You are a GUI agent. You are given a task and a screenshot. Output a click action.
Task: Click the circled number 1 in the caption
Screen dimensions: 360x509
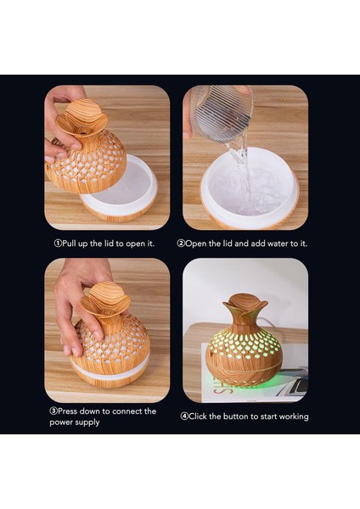tap(58, 243)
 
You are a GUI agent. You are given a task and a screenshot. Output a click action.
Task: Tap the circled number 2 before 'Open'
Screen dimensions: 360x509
tap(181, 243)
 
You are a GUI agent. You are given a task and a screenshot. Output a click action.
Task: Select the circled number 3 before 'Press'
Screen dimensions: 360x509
tap(53, 411)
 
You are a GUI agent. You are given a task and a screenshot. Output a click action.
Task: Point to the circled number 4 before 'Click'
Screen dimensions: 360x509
tap(184, 417)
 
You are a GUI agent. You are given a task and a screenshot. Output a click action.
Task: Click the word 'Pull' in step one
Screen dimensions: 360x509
tap(70, 243)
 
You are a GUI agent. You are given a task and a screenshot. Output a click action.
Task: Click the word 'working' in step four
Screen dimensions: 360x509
tap(294, 417)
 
